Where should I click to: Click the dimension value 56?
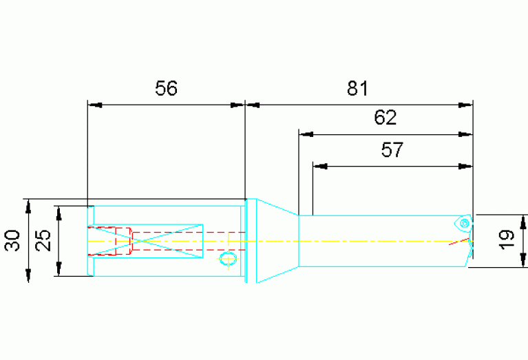point(166,88)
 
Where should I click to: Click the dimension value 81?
point(358,88)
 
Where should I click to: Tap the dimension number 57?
point(392,149)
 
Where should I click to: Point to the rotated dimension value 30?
point(12,241)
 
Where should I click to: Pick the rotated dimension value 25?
point(43,241)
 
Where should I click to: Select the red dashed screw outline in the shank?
point(111,240)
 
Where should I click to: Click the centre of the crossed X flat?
point(167,241)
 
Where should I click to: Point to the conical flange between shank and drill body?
point(272,241)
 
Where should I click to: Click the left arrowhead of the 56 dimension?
point(94,105)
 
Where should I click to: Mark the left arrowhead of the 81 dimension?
point(253,105)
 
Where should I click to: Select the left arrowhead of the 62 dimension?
point(305,134)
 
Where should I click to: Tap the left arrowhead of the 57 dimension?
point(319,166)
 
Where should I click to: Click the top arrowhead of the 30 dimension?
point(28,204)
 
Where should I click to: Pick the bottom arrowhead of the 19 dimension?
point(525,260)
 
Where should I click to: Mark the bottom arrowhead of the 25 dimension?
point(60,271)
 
